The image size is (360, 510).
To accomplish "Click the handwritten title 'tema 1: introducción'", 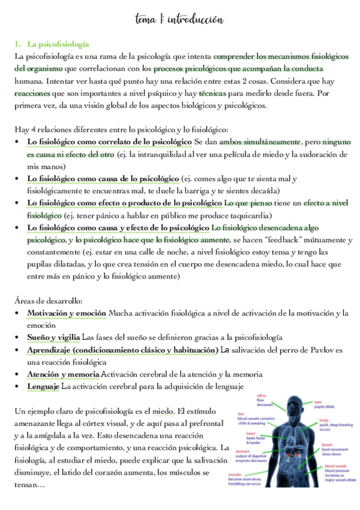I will click(180, 20).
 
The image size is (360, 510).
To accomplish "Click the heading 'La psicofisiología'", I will click(58, 45).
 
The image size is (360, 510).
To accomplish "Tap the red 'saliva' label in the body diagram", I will click(261, 395).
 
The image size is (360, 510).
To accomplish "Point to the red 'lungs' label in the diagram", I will click(323, 420).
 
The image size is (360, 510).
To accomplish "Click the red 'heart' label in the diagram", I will click(251, 433).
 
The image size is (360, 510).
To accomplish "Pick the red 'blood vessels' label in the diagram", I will click(335, 465).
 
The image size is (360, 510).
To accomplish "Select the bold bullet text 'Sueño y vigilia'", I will click(53, 337).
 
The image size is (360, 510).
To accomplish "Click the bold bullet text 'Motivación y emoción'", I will click(66, 313).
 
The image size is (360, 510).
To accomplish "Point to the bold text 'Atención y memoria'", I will click(63, 374).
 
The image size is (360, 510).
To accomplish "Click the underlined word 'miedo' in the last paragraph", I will click(162, 411).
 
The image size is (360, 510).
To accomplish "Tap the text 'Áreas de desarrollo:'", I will click(49, 300).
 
